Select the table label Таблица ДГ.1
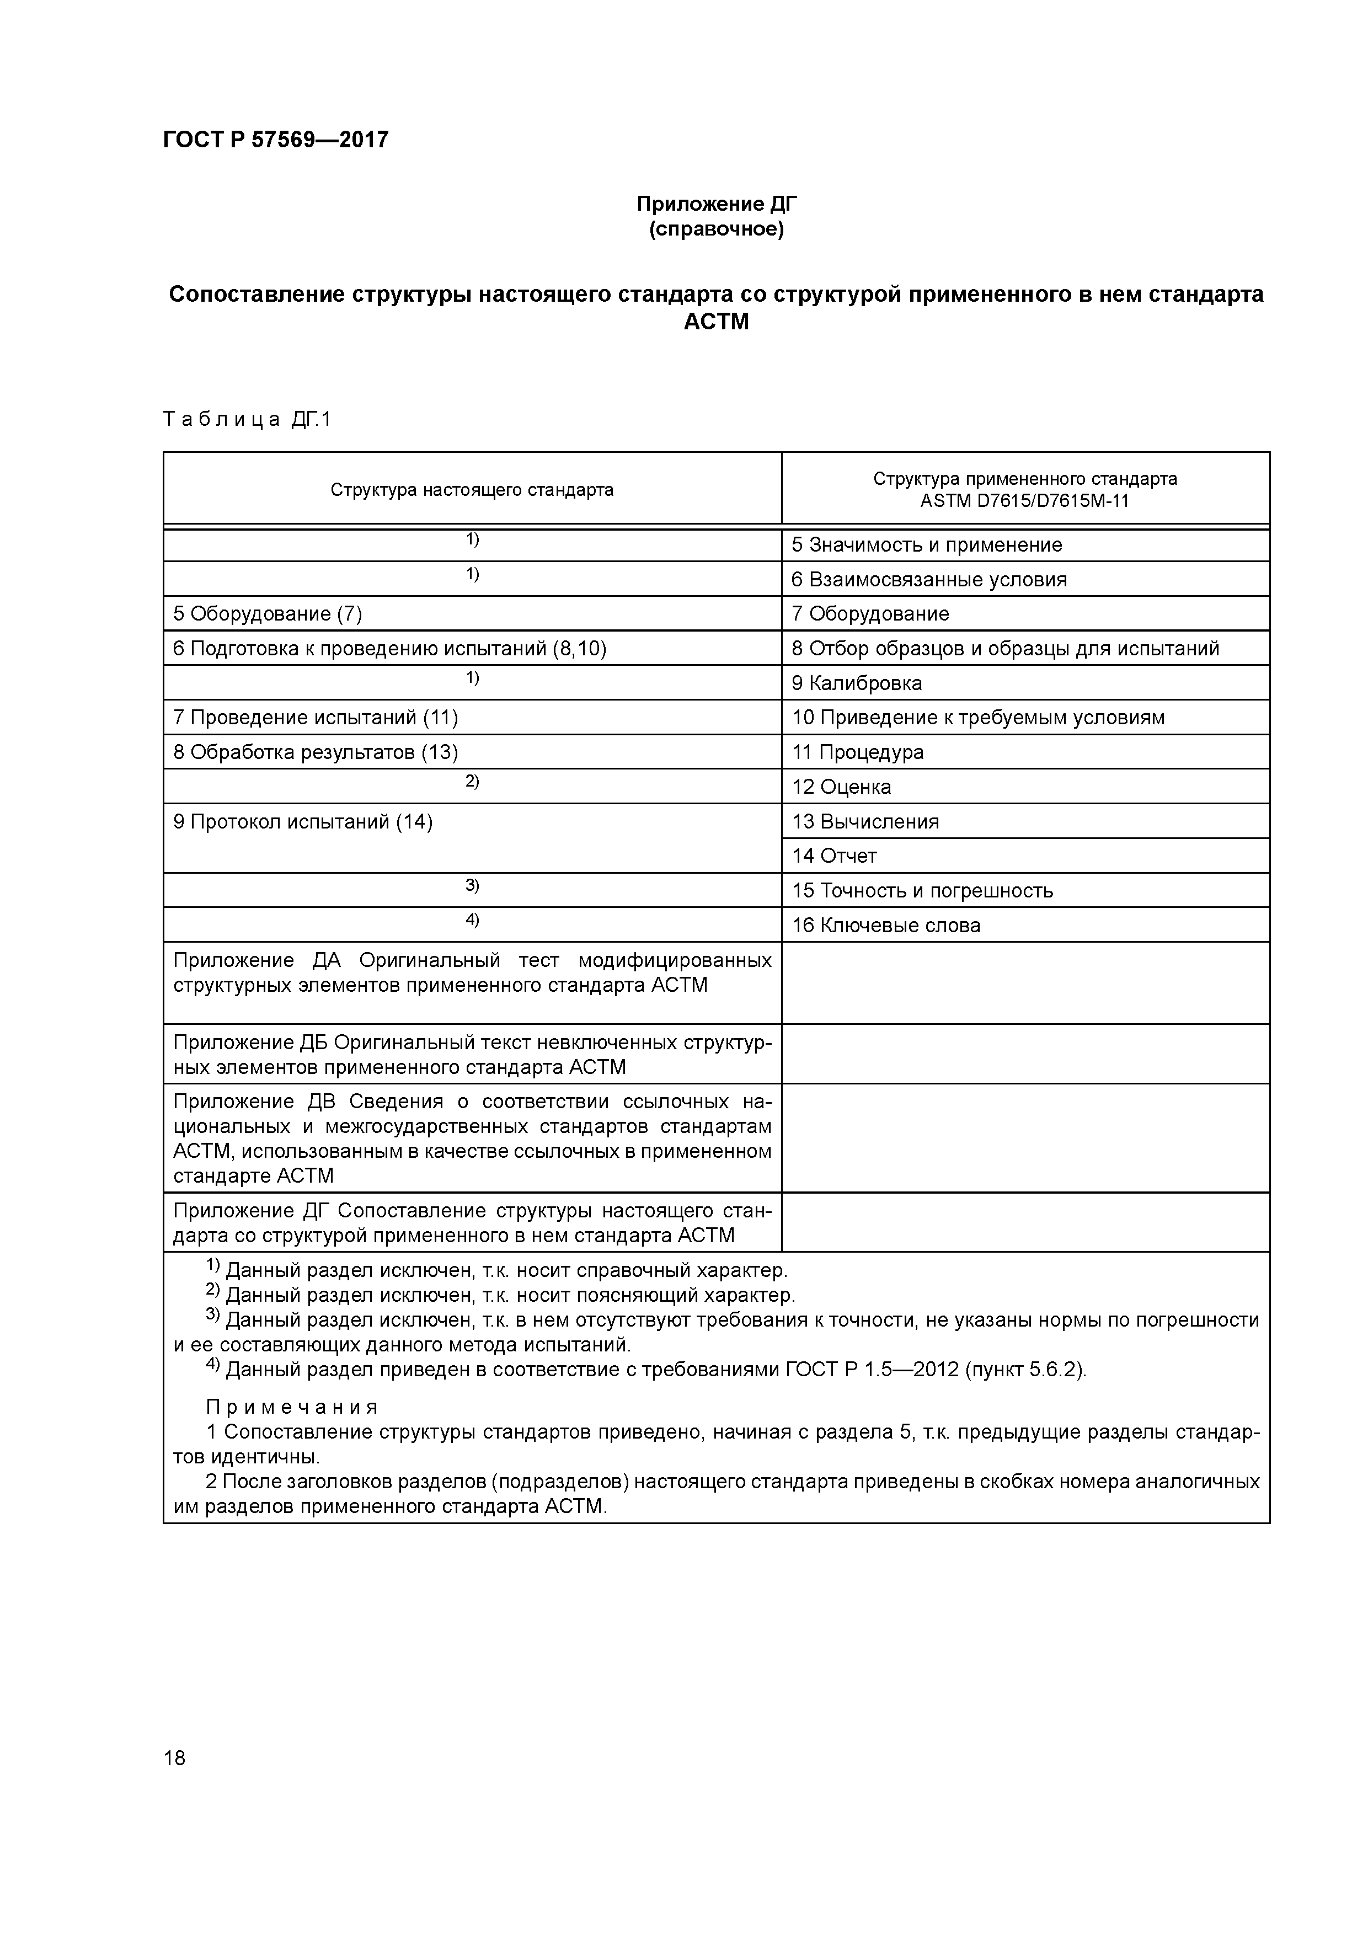click(247, 419)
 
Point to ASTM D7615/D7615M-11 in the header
click(1024, 501)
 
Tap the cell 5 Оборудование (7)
click(267, 613)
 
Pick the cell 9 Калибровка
click(856, 683)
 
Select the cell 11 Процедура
click(857, 752)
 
